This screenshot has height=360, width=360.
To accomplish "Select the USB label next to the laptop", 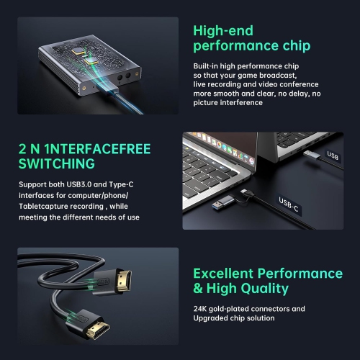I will pyautogui.click(x=333, y=155).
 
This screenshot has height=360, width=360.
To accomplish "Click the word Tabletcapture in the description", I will pyautogui.click(x=42, y=207).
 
